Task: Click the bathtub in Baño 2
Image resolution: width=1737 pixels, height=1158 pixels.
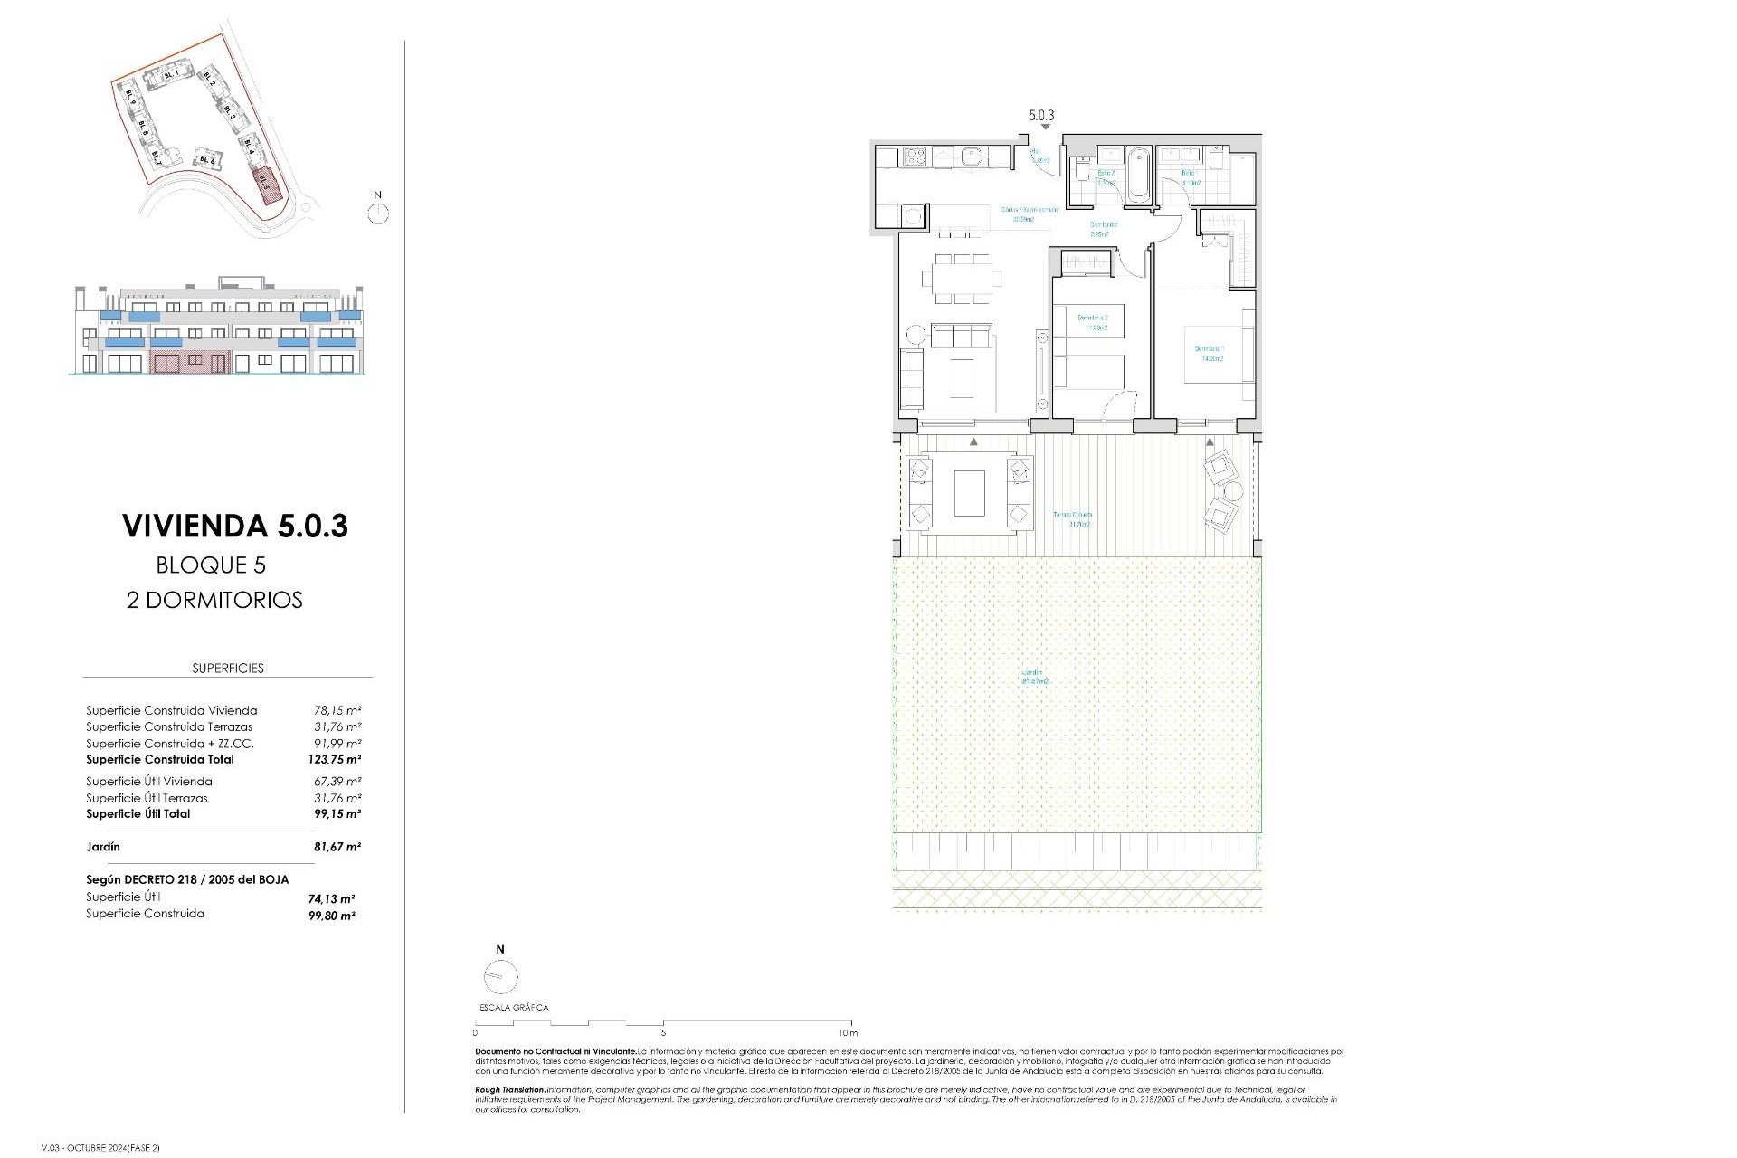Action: click(x=1136, y=177)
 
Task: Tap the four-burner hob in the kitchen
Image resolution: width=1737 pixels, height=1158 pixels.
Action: click(x=914, y=157)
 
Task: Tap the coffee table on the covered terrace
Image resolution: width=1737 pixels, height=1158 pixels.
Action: click(x=969, y=493)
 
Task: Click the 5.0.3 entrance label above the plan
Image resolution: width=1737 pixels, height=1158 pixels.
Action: click(x=1041, y=115)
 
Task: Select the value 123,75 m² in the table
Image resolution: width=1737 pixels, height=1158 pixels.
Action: click(x=335, y=760)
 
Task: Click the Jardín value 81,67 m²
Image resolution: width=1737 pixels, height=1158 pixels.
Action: click(x=337, y=847)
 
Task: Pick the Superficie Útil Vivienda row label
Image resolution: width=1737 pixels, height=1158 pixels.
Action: click(x=149, y=782)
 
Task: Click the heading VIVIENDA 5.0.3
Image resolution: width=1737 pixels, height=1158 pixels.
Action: click(x=235, y=526)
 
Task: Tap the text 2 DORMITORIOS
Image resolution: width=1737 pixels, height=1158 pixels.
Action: click(x=214, y=600)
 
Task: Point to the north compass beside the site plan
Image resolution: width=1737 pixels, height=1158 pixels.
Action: click(x=378, y=214)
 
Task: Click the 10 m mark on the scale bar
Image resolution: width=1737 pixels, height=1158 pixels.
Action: click(x=848, y=1032)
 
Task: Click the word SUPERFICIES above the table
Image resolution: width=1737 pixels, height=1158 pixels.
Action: click(x=228, y=669)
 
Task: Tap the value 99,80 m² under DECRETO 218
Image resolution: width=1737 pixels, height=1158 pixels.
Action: click(x=332, y=916)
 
